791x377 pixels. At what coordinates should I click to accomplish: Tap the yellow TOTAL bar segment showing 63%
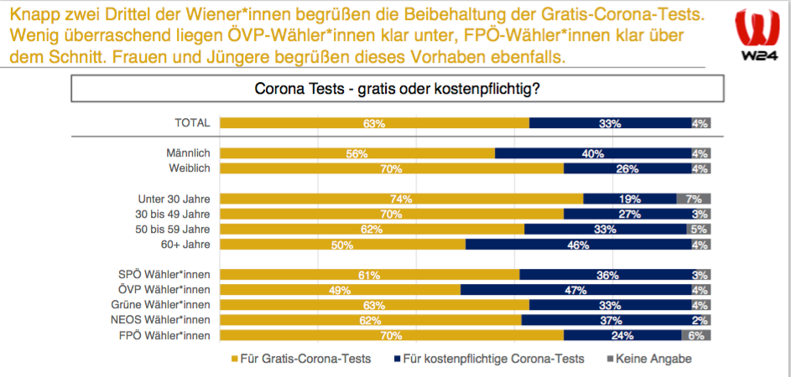coord(374,123)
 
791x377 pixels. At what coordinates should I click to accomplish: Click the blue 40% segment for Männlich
coord(593,153)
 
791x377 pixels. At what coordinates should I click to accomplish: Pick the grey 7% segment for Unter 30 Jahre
coord(694,199)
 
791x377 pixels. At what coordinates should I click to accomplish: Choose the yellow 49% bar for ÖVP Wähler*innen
coord(340,290)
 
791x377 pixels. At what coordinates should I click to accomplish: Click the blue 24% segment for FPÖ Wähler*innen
coord(622,335)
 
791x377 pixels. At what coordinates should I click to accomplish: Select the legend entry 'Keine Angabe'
coord(648,359)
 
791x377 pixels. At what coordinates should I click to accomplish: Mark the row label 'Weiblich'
coord(189,168)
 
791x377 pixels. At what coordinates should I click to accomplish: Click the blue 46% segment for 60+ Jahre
coord(579,245)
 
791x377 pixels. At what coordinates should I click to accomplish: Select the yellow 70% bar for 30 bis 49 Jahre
coord(392,214)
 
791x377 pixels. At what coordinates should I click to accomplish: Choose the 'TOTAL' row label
coord(191,123)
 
